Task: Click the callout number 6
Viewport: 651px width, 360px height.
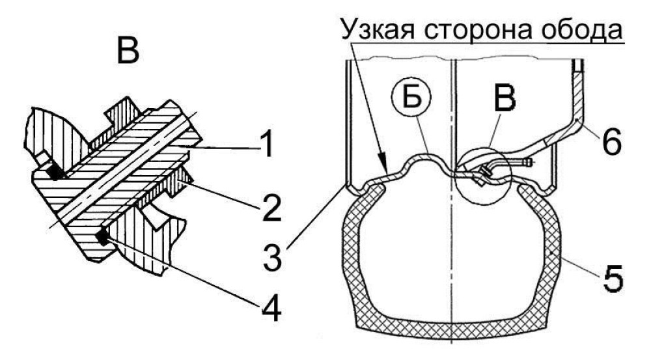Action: pos(611,142)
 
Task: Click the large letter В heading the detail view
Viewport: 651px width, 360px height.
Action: pos(128,51)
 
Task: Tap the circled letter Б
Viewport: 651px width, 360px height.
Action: pos(411,97)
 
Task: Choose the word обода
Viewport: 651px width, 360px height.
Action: pos(583,31)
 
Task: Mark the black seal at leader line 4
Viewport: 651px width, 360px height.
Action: pos(102,237)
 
